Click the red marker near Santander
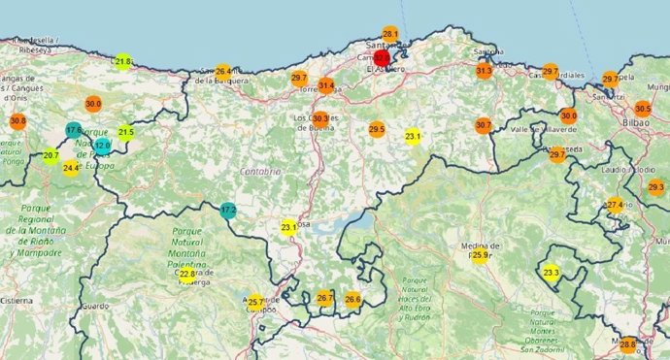tap(382, 57)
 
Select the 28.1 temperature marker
tap(390, 35)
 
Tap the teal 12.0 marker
tap(102, 145)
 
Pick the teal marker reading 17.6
tap(74, 129)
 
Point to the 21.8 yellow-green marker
tap(122, 61)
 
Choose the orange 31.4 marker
tap(326, 86)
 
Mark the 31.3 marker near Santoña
tap(485, 71)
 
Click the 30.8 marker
tap(17, 121)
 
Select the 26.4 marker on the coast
tap(223, 72)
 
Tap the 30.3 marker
tap(320, 119)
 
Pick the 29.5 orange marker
tap(377, 129)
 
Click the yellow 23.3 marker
tap(552, 274)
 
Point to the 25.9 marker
tap(480, 255)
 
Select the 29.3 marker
tap(655, 187)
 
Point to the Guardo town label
tap(94, 306)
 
